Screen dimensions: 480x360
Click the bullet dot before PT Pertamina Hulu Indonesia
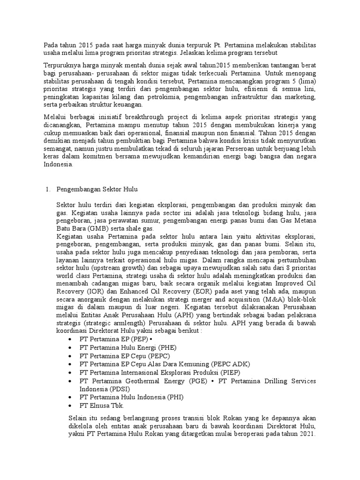70,397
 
